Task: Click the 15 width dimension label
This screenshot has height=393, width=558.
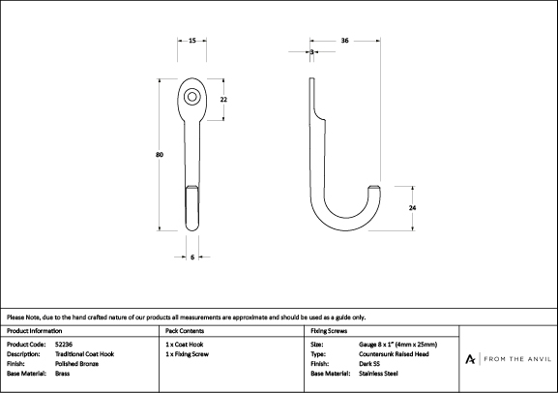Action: coord(192,41)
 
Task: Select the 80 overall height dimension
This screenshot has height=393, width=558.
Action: coord(160,155)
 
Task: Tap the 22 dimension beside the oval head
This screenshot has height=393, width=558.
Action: coord(223,100)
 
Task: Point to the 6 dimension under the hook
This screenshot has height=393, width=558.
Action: coord(192,257)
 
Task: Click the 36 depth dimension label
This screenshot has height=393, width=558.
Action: coord(345,41)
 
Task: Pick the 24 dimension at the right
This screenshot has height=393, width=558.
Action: coord(412,208)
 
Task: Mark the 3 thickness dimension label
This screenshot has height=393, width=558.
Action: coord(312,52)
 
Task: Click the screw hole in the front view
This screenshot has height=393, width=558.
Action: coord(192,97)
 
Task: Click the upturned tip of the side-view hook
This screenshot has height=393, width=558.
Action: coord(374,188)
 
